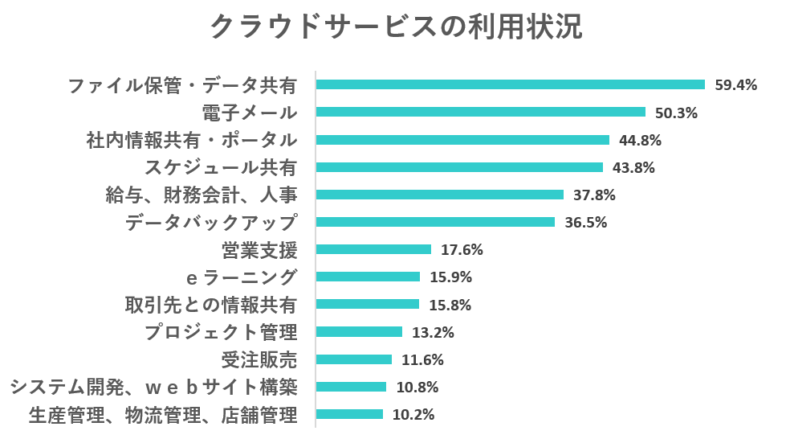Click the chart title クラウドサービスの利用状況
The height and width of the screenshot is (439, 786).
click(x=395, y=27)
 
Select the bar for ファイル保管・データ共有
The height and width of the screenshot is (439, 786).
click(x=510, y=84)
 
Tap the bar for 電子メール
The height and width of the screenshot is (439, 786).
click(x=480, y=113)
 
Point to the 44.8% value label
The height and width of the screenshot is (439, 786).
click(x=640, y=140)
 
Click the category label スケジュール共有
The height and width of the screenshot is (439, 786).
click(x=221, y=167)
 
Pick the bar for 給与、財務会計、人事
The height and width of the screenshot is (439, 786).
click(x=439, y=195)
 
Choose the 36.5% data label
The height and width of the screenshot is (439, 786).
click(x=585, y=223)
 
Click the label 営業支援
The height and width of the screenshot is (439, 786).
click(x=259, y=250)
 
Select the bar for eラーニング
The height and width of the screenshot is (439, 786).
click(x=368, y=277)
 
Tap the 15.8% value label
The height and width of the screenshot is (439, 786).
click(x=450, y=305)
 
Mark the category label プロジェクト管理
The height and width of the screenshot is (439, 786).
click(x=221, y=332)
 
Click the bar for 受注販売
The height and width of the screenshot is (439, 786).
click(x=354, y=359)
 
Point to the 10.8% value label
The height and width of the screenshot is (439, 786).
click(x=417, y=388)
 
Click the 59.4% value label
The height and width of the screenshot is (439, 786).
click(x=736, y=85)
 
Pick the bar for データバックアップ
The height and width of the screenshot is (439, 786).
click(x=435, y=222)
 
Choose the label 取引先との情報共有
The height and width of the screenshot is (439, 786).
click(x=211, y=305)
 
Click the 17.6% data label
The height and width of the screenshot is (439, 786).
click(x=462, y=250)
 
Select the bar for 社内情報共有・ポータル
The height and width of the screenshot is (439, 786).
click(x=462, y=140)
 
